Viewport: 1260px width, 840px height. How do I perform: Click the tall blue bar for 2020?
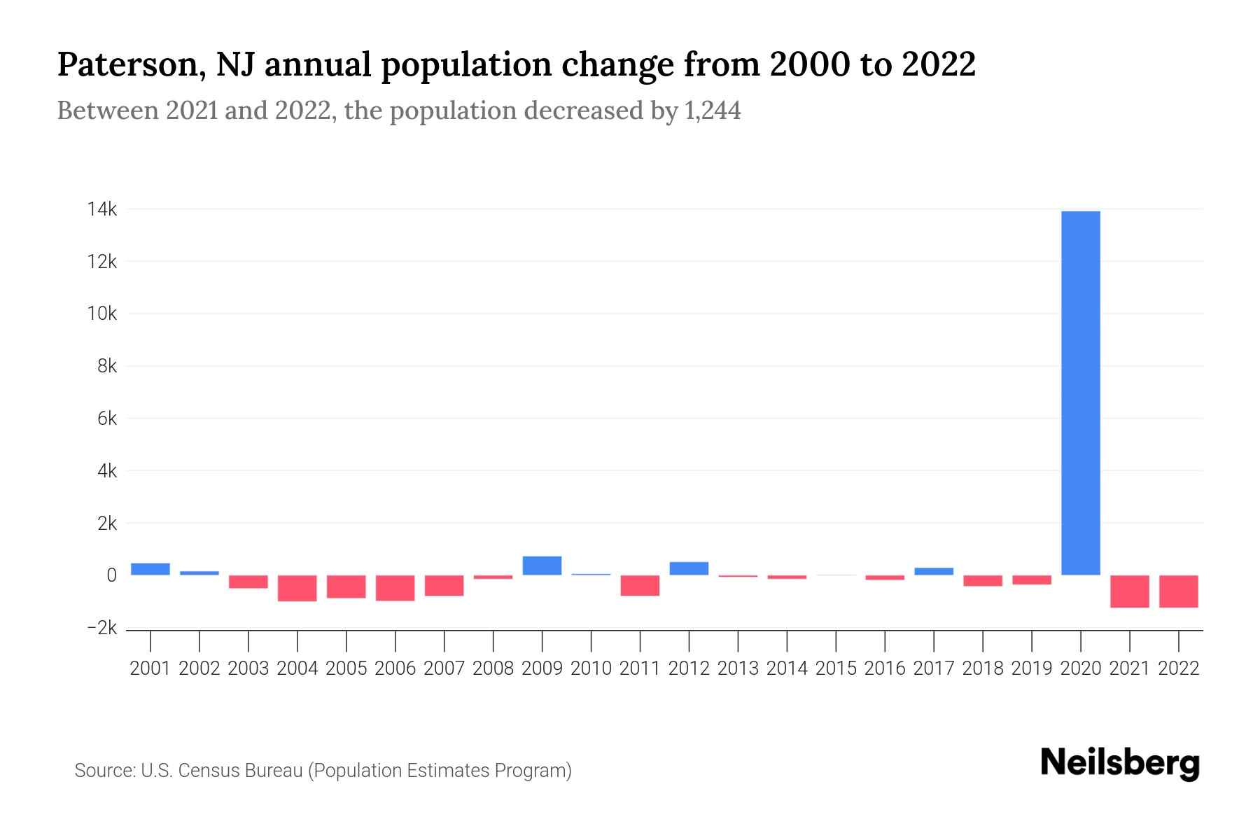tap(1081, 392)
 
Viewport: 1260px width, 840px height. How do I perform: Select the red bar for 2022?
tap(1179, 591)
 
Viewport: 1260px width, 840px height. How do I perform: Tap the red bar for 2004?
tap(297, 589)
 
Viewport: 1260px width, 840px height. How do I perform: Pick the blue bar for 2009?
tap(542, 566)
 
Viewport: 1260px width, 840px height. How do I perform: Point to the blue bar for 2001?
tap(150, 569)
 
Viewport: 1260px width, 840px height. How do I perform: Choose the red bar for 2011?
tap(640, 586)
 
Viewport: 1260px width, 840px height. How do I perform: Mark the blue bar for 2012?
tap(689, 568)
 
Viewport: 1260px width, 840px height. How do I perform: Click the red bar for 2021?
tap(1130, 591)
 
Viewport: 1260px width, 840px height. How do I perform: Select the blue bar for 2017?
tap(934, 571)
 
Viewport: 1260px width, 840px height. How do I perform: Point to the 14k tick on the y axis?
tap(102, 209)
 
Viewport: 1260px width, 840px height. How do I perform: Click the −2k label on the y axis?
tap(102, 628)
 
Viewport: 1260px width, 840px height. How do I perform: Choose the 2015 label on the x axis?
tap(836, 668)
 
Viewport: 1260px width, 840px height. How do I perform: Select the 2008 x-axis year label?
tap(493, 668)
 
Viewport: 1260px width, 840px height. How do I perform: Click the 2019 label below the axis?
tap(1032, 668)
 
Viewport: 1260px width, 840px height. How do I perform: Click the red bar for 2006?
tap(395, 588)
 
